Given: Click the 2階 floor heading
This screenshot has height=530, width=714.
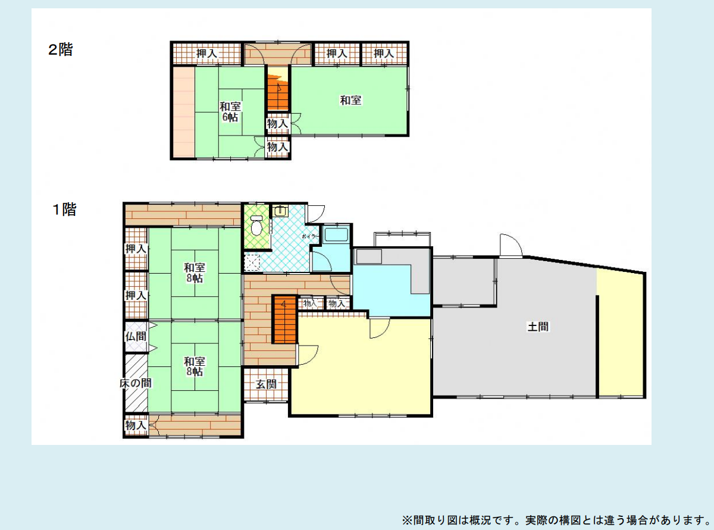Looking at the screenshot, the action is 60,50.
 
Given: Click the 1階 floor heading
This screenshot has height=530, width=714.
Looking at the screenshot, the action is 64,209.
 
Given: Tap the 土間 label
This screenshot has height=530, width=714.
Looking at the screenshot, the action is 538,327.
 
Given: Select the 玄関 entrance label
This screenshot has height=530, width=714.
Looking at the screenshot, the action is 266,384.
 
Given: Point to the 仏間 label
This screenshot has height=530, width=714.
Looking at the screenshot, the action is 136,337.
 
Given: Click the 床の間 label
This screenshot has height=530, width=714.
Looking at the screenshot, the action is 136,383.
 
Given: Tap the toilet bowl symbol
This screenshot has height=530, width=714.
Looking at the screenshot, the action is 256,225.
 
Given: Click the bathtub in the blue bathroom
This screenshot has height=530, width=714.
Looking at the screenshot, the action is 336,234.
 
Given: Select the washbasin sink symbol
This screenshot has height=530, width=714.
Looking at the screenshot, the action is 280,211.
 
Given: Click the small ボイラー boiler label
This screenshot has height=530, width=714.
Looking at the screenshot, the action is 310,236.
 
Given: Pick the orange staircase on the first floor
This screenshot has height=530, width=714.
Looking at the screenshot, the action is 284,319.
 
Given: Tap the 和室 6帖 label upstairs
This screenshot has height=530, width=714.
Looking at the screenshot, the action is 230,112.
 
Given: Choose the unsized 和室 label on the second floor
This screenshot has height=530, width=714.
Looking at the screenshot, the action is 350,101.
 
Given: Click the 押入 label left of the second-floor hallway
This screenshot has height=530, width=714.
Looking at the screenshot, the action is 206,53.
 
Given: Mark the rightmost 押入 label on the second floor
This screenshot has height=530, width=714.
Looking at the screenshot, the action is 384,53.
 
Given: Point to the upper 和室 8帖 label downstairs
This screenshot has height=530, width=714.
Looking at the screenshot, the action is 195,272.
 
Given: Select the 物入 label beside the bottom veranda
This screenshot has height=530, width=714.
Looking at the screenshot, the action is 136,425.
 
